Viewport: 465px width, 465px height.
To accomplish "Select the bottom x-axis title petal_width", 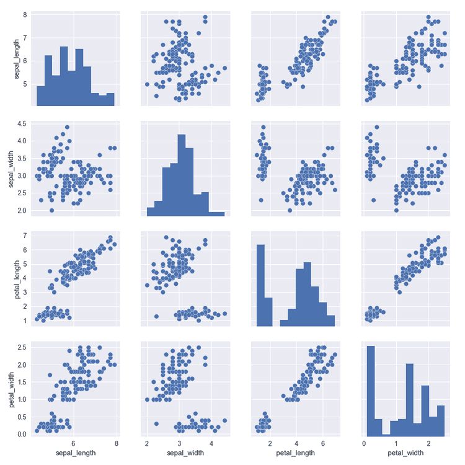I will [407, 453].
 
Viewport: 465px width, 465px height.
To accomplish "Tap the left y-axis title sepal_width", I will [8, 167].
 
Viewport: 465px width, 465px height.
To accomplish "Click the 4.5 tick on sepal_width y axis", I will [20, 123].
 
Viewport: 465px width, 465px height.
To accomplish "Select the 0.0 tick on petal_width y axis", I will [20, 433].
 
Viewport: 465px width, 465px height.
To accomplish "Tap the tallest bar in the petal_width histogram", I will [371, 391].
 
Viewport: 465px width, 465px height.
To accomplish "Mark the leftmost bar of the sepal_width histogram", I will [151, 212].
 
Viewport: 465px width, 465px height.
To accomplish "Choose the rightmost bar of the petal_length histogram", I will [330, 321].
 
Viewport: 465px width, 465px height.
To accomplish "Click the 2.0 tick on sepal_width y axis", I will [20, 211].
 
